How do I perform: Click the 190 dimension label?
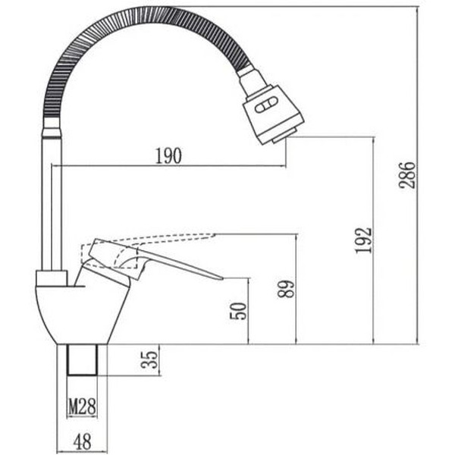pyautogui.click(x=168, y=155)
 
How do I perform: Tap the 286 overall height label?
pyautogui.click(x=407, y=175)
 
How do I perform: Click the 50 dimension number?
pyautogui.click(x=238, y=310)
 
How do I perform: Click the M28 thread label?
pyautogui.click(x=82, y=407)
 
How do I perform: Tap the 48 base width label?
pyautogui.click(x=83, y=440)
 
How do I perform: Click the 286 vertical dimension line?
pyautogui.click(x=419, y=227)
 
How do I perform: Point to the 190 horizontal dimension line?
pyautogui.click(x=227, y=166)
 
